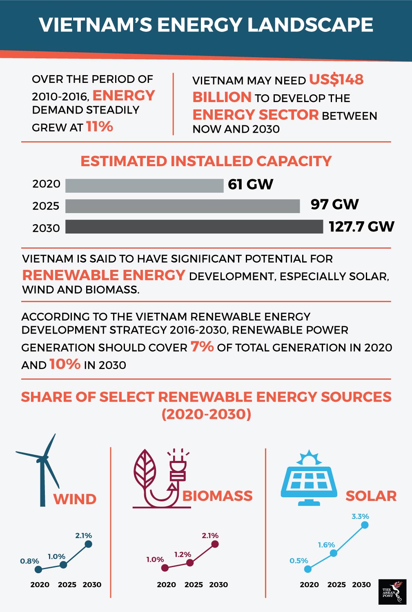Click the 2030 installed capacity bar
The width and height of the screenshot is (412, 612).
[194, 227]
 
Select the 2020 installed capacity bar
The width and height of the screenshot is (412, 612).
[144, 185]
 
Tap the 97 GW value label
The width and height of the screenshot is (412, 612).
[334, 204]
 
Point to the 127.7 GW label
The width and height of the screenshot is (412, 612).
[361, 227]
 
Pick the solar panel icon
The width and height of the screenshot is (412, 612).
[309, 478]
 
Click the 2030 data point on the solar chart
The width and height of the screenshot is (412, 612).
[365, 525]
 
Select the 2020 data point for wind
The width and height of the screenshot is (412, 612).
[38, 569]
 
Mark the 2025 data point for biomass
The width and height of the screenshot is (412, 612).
[190, 563]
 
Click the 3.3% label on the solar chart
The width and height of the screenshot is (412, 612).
[360, 516]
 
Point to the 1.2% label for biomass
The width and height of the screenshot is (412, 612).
[183, 554]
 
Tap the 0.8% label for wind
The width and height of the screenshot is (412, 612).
[29, 561]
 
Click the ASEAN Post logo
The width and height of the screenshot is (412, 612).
[392, 592]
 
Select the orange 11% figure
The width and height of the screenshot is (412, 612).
[99, 127]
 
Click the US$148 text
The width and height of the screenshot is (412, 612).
[336, 79]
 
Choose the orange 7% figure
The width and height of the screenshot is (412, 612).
[202, 347]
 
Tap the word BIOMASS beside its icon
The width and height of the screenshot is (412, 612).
[217, 496]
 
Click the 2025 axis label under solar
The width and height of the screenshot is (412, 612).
[336, 585]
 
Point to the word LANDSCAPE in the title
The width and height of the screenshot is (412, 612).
[310, 25]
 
